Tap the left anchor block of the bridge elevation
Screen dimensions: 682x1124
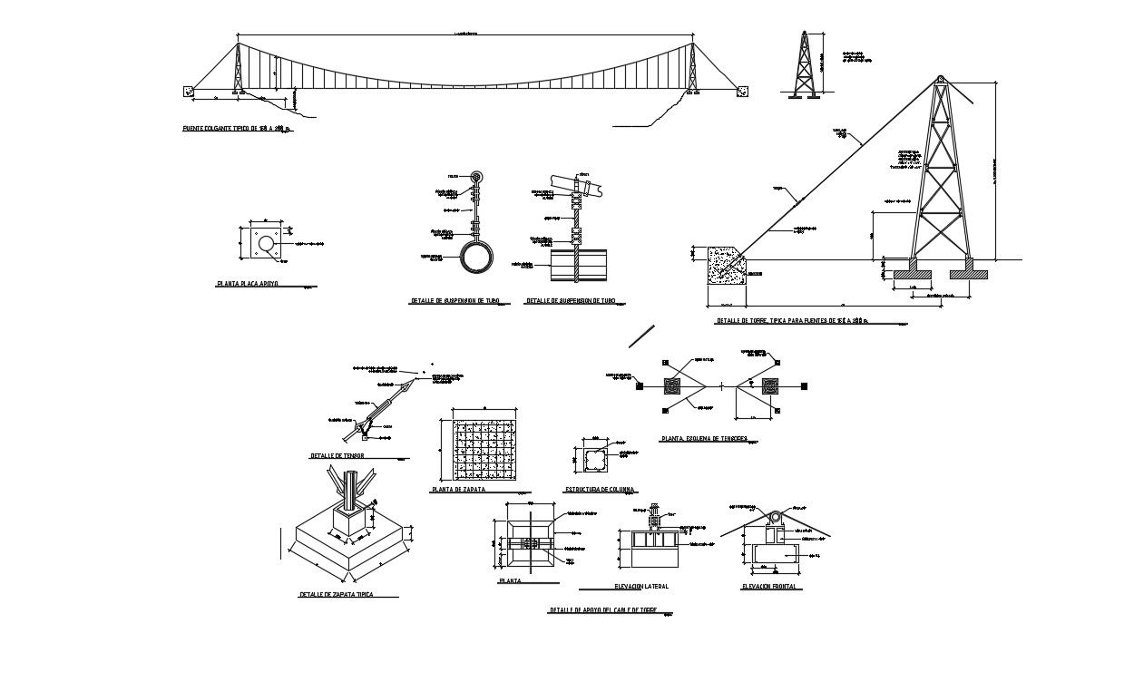(x=189, y=90)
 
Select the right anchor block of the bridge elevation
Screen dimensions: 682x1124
(x=743, y=90)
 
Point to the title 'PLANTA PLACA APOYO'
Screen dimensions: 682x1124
(x=247, y=284)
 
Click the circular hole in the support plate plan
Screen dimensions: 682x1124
(x=265, y=244)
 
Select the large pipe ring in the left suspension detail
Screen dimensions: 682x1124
(x=475, y=257)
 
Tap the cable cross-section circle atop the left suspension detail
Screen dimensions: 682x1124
(x=477, y=178)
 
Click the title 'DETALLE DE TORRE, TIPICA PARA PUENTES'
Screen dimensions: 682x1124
(x=791, y=320)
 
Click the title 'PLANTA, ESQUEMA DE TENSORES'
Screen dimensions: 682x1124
(x=710, y=439)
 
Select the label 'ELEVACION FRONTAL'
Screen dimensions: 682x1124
(x=771, y=587)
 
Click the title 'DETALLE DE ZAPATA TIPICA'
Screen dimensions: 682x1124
(x=336, y=595)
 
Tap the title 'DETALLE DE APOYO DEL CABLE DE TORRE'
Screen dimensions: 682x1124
(x=602, y=610)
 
